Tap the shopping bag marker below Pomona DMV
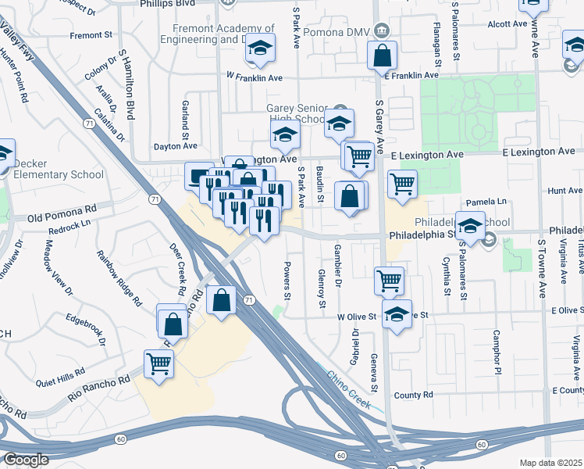click(382, 56)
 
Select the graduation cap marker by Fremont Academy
click(261, 51)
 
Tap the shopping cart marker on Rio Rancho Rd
click(159, 363)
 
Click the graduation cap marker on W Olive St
click(397, 316)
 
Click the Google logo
click(26, 460)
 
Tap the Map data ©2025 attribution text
click(550, 463)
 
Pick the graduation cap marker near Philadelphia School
click(470, 227)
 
